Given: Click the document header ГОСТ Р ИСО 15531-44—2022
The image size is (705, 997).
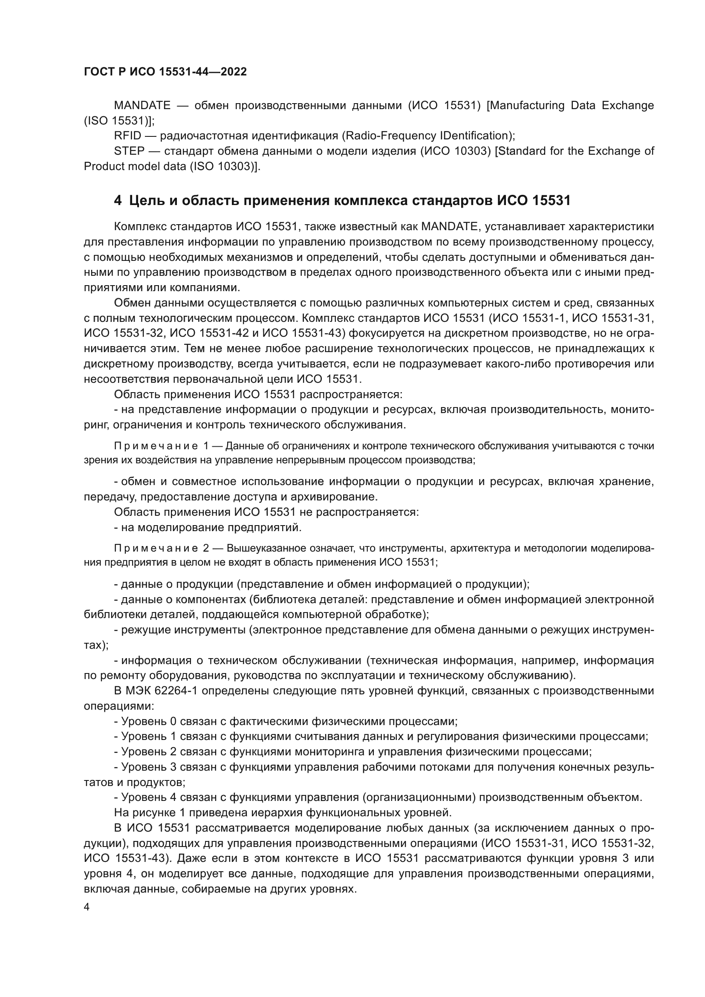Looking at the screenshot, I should [165, 72].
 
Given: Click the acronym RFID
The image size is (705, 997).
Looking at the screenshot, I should [127, 136].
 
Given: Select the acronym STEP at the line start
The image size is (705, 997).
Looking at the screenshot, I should [129, 151].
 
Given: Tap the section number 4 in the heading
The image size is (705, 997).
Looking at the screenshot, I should [118, 200].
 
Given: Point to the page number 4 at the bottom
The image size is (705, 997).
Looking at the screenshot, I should [87, 907].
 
